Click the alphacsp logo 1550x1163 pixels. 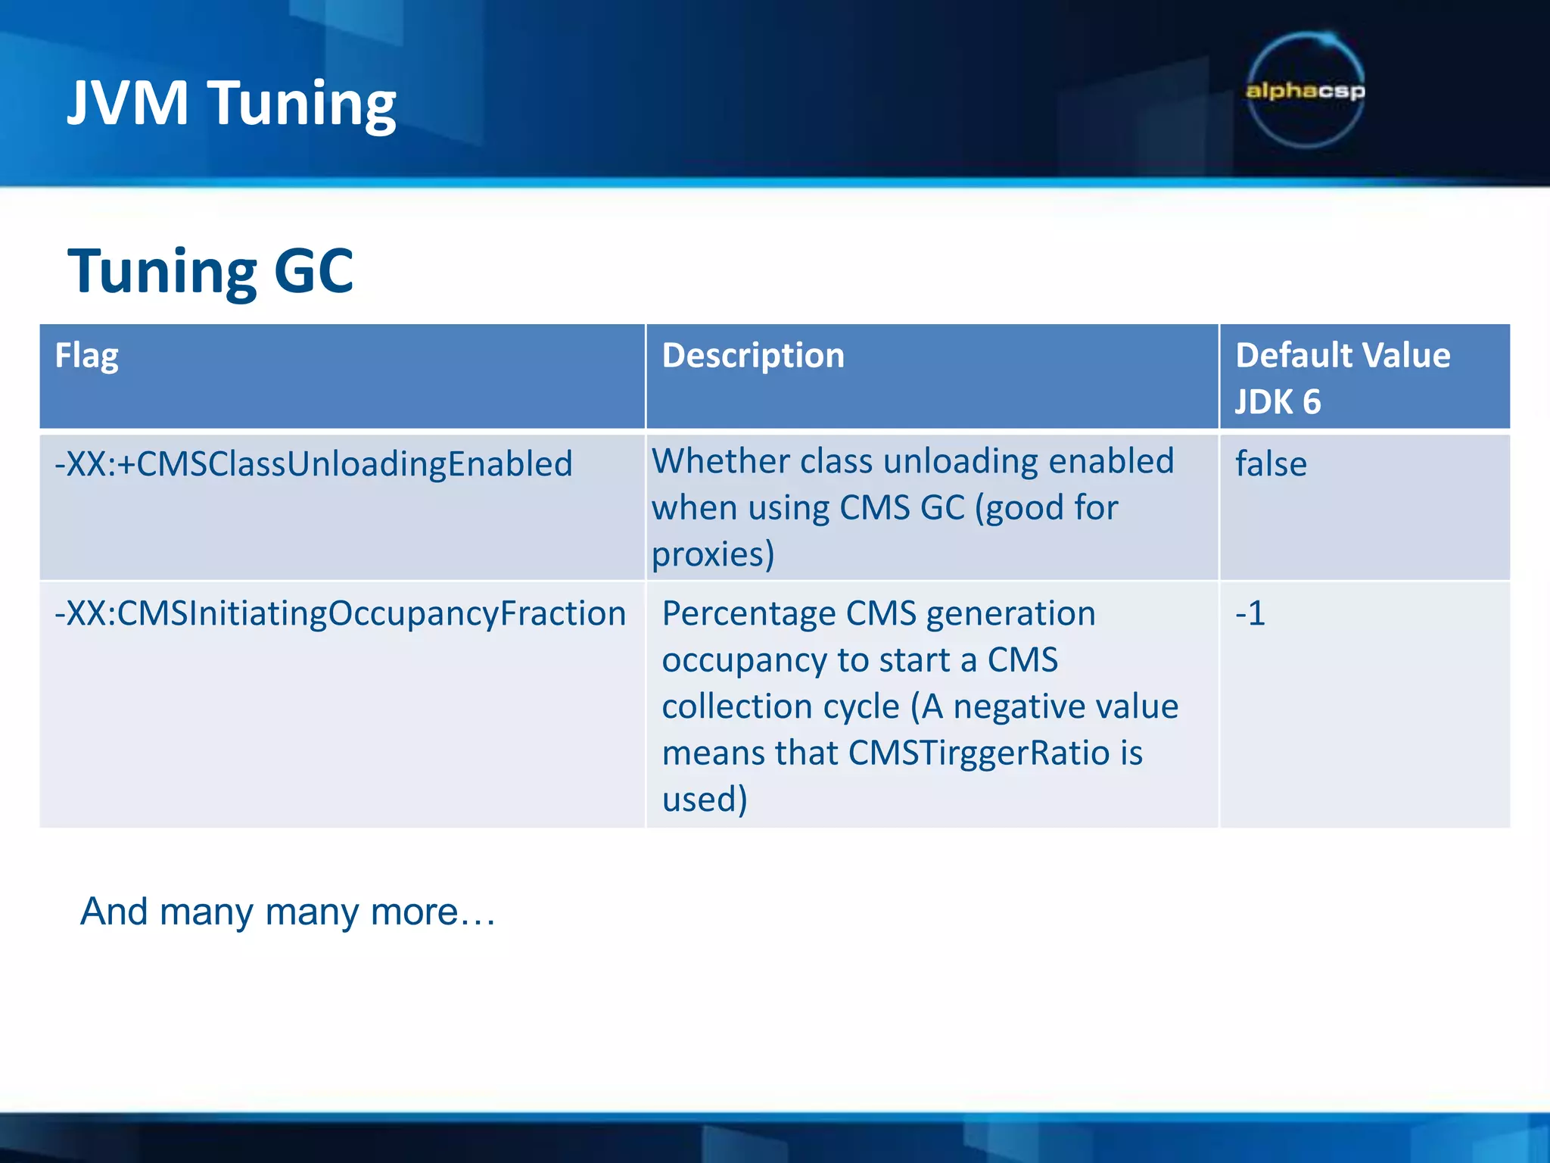tap(1305, 91)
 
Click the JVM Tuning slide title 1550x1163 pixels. tap(232, 103)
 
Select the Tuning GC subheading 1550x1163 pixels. tap(210, 271)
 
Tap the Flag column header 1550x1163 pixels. tap(86, 356)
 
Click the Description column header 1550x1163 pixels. tap(752, 356)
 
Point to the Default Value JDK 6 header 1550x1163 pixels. tap(1342, 377)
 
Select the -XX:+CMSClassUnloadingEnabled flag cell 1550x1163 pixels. tap(313, 464)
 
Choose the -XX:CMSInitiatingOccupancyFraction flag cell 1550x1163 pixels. tap(340, 613)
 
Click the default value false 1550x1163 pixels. tap(1271, 464)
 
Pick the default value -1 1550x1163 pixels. tap(1250, 613)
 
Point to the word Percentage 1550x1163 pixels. tap(749, 613)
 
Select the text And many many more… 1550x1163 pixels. tap(288, 912)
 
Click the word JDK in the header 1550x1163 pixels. tap(1263, 402)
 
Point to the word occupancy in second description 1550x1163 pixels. tap(744, 660)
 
